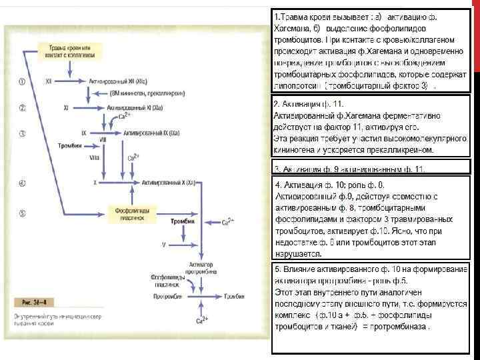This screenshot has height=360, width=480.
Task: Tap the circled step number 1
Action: pyautogui.click(x=22, y=81)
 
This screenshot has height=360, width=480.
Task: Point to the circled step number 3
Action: pyautogui.click(x=22, y=133)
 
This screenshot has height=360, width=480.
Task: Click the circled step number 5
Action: pyautogui.click(x=22, y=213)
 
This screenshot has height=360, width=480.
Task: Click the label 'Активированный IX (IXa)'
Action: pyautogui.click(x=151, y=133)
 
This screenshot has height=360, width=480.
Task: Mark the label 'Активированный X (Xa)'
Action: pyautogui.click(x=164, y=182)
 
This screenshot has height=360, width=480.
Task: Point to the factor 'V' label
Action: pyautogui.click(x=163, y=245)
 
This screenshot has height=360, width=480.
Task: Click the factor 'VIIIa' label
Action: pyautogui.click(x=94, y=157)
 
